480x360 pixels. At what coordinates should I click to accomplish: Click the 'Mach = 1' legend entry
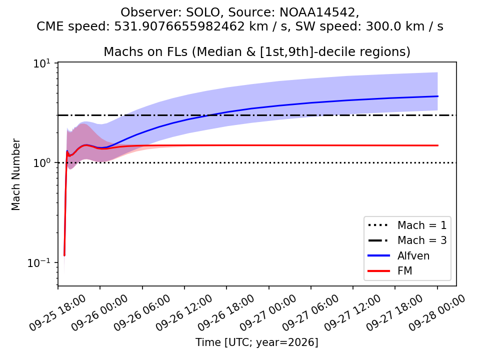[x=407, y=225]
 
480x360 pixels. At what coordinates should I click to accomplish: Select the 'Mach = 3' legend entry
[x=407, y=240]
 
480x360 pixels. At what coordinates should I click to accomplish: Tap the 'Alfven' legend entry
[x=398, y=255]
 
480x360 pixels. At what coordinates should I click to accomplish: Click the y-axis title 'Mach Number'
[x=15, y=174]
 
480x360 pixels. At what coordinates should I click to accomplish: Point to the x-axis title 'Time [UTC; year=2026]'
[x=257, y=342]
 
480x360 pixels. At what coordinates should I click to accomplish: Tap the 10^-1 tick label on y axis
[x=40, y=262]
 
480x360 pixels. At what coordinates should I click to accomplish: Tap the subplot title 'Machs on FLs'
[x=145, y=51]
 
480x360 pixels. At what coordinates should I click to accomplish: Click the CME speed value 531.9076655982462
[x=179, y=26]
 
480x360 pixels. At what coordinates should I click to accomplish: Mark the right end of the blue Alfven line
[x=438, y=96]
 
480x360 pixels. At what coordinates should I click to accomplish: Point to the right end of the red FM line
[x=438, y=145]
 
